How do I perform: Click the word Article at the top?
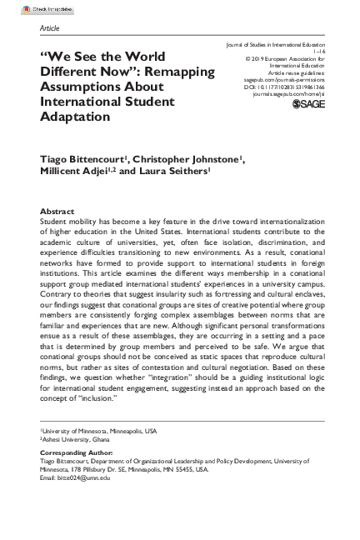tap(49, 27)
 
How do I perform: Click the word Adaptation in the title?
tap(77, 116)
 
